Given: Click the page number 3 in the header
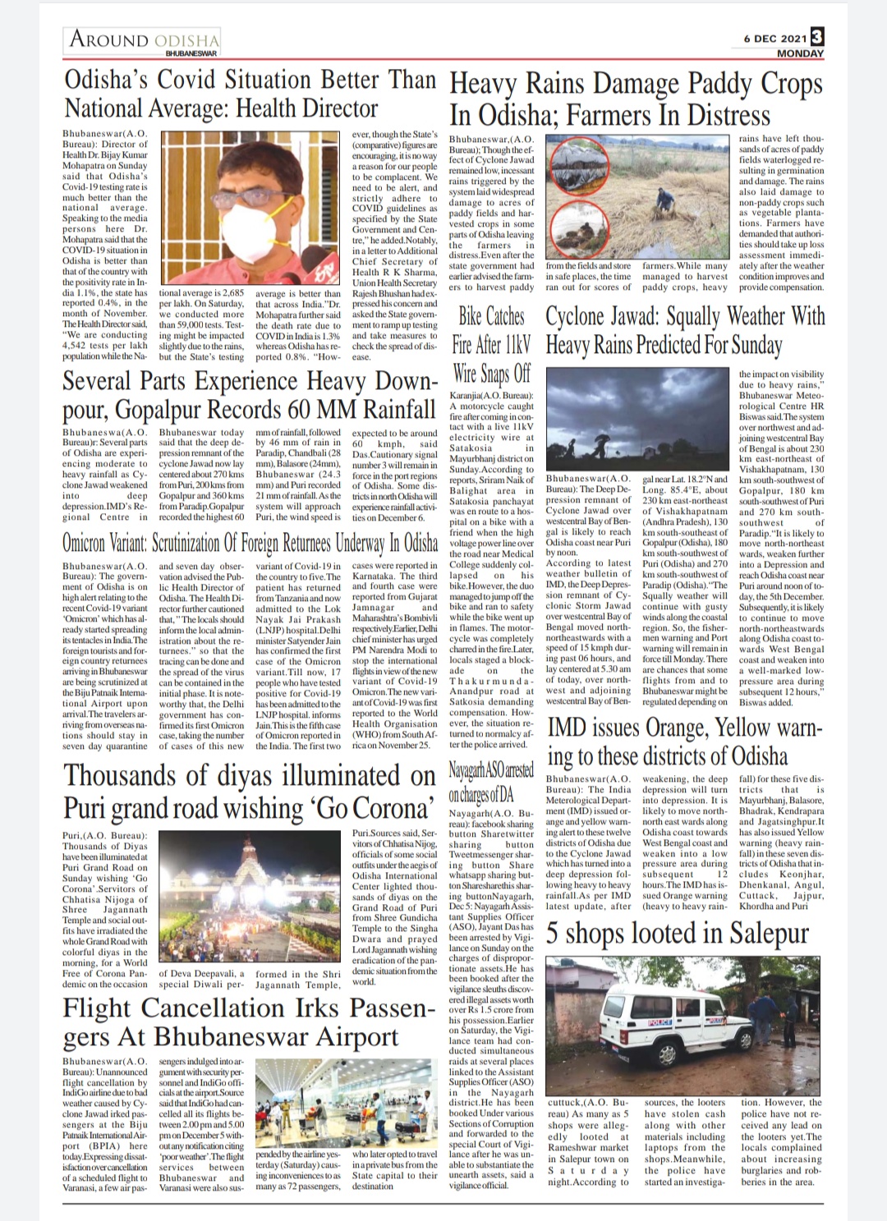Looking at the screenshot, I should pyautogui.click(x=816, y=37).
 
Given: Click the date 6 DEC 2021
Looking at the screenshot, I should pyautogui.click(x=774, y=39).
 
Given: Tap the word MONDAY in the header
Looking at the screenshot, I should pyautogui.click(x=799, y=53).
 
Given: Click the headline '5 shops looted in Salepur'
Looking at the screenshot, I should pyautogui.click(x=678, y=933).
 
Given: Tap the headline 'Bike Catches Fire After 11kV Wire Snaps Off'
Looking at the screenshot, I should pyautogui.click(x=491, y=346).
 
